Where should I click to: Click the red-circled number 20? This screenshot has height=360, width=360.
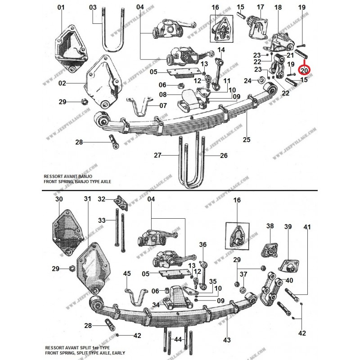click(304, 71)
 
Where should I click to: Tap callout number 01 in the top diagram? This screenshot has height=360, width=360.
click(61, 7)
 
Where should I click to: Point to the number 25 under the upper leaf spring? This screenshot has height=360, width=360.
click(247, 140)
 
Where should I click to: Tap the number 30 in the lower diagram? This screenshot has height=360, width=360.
click(58, 199)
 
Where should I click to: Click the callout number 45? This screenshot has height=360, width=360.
click(127, 273)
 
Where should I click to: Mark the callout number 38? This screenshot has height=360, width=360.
click(270, 226)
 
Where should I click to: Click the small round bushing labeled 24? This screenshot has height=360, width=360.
click(261, 81)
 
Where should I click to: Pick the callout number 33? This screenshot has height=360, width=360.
click(102, 220)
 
